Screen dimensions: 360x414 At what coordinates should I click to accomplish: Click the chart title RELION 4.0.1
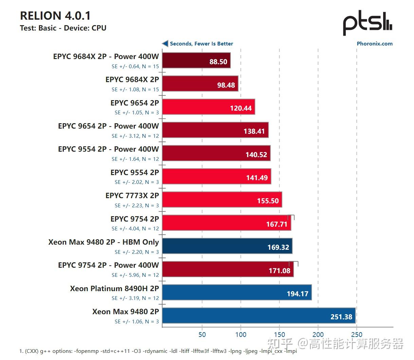[x=55, y=16]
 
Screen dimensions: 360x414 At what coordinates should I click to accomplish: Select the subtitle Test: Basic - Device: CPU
[x=63, y=28]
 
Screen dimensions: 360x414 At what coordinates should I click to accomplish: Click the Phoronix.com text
[x=374, y=44]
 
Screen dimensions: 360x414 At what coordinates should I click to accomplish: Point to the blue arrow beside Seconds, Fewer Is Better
[x=165, y=43]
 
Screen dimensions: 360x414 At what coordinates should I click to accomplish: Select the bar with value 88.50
[x=196, y=60]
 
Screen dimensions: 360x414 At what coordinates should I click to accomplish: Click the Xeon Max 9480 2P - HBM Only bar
[x=227, y=246]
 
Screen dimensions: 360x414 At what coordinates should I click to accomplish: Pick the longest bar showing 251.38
[x=259, y=316]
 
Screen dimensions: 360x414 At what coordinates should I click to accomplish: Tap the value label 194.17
[x=297, y=294]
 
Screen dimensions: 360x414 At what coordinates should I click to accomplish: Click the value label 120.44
[x=241, y=108]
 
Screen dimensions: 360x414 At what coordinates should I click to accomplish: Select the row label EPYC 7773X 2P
[x=132, y=196]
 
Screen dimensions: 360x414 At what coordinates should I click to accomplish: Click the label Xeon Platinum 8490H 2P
[x=114, y=289]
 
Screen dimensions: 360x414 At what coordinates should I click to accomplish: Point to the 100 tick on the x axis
[x=241, y=335]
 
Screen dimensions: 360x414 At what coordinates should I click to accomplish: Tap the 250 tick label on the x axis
[x=357, y=335]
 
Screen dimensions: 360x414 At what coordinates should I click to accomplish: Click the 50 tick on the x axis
[x=202, y=335]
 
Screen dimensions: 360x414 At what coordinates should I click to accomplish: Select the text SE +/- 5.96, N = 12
[x=135, y=275]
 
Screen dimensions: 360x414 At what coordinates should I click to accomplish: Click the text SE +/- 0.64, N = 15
[x=135, y=67]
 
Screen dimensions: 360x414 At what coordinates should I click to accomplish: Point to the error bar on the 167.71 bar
[x=291, y=217]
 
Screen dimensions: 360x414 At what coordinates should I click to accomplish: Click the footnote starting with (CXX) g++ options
[x=158, y=351]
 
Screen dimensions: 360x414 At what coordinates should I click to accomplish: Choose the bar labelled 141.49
[x=217, y=176]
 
